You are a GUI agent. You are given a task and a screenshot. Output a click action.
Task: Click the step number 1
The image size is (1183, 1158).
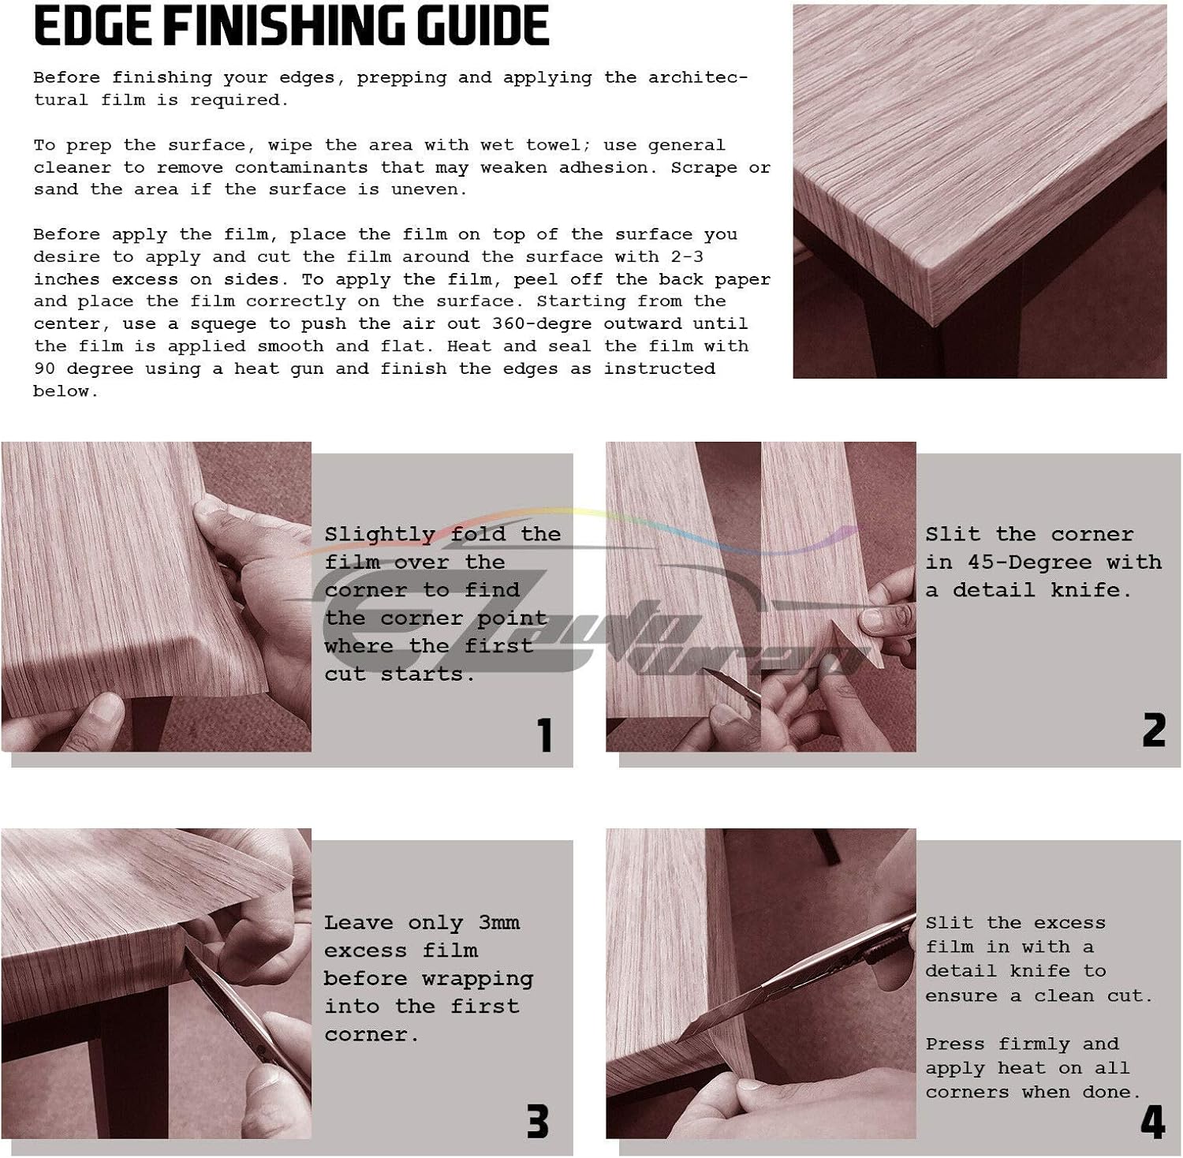click(545, 735)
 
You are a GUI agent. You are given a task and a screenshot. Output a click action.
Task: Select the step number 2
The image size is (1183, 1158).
click(1154, 730)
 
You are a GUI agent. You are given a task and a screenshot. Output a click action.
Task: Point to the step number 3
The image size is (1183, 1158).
click(537, 1121)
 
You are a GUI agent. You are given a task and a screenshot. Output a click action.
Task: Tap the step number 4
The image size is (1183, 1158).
click(1153, 1122)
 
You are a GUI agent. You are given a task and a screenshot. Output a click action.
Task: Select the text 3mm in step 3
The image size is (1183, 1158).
click(499, 922)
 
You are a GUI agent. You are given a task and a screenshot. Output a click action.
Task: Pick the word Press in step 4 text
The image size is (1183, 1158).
click(955, 1044)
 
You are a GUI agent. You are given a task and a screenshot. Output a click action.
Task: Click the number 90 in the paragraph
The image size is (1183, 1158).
click(44, 368)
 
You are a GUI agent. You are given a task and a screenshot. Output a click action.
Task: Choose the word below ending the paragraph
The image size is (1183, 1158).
click(65, 391)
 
